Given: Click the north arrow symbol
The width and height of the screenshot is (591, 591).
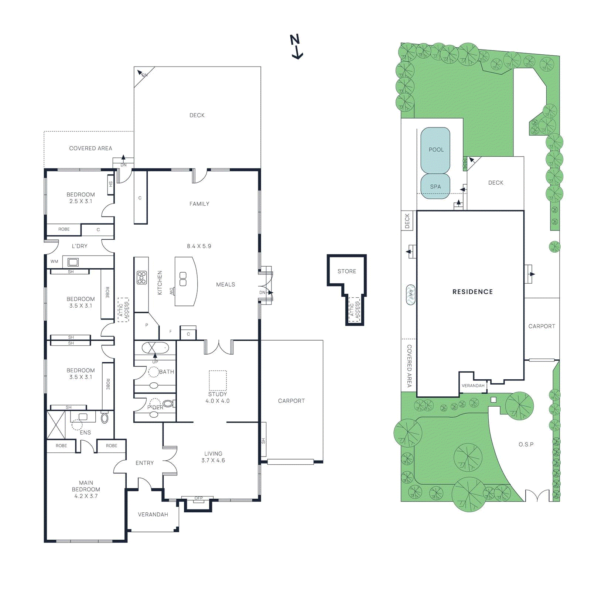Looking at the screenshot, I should click(296, 47).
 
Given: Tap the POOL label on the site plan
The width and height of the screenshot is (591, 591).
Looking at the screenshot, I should click(436, 150).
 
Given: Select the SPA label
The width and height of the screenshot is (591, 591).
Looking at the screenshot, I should click(435, 187).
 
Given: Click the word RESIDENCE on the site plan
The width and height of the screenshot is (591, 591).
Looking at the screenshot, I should click(472, 292).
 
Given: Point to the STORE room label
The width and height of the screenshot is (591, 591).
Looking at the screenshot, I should click(346, 271).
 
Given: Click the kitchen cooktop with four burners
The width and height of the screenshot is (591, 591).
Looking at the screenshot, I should click(142, 277).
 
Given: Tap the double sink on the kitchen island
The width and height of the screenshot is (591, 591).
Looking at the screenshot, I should click(183, 279).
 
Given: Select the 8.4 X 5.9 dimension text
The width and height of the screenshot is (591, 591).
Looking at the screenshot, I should click(199, 246).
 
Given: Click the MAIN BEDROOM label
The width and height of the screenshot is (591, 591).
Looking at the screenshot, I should click(86, 489).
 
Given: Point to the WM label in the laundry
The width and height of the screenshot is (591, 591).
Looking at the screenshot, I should click(54, 262).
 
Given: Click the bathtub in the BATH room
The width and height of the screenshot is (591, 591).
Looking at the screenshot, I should click(155, 348).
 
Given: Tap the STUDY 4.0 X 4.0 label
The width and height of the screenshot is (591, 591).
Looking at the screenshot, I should click(218, 397).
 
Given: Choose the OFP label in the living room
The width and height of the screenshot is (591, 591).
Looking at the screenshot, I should click(199, 498).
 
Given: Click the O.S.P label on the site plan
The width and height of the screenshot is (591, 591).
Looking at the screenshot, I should click(526, 444).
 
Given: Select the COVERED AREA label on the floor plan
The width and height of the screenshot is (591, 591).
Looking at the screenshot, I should click(90, 148).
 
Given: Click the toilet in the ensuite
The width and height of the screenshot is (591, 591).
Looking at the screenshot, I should click(105, 418).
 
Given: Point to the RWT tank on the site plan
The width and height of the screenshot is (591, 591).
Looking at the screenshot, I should click(410, 294).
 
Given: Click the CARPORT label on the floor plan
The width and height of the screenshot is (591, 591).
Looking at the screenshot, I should click(291, 401).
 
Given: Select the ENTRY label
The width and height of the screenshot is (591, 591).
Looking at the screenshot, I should click(144, 463).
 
